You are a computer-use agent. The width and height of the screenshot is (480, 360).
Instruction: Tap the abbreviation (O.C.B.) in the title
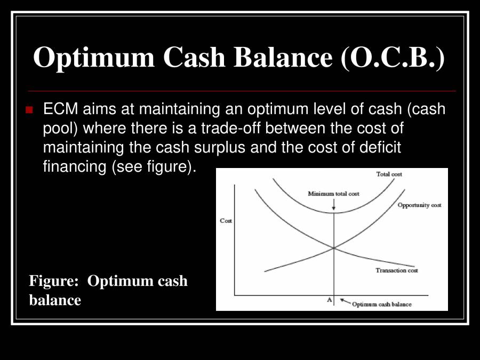coord(393,57)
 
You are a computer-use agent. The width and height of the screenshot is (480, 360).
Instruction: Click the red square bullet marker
coord(29,110)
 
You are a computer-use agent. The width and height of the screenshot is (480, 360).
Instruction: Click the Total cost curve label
coord(389,174)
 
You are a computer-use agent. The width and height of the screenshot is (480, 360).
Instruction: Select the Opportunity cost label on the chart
coord(420,205)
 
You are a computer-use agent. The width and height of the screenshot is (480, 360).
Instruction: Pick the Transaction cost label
coord(397,270)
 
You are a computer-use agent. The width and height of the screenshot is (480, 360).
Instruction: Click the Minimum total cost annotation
coord(333,194)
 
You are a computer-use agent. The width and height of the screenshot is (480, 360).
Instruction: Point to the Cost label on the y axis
coord(226,221)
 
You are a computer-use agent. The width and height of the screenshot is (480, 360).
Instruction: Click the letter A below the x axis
coord(329,300)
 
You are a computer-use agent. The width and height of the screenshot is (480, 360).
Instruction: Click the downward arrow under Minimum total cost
coord(334,204)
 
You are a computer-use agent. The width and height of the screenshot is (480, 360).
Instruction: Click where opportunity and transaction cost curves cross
coord(334,247)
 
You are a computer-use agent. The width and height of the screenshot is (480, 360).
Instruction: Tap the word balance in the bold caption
coord(55,300)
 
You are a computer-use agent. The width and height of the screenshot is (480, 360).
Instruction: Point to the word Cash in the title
coord(194,57)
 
